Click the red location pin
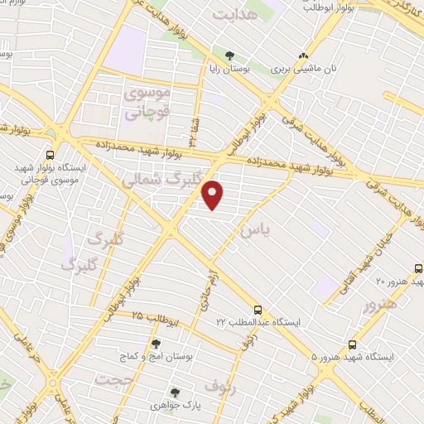coord(214,195)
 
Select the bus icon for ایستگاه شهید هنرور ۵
coord(354,344)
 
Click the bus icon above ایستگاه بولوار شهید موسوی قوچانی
coord(51,154)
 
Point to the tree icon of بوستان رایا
coord(229,57)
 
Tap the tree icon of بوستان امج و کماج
coord(156,344)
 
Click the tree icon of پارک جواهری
coord(174,393)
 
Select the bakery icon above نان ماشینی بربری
coord(302,57)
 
